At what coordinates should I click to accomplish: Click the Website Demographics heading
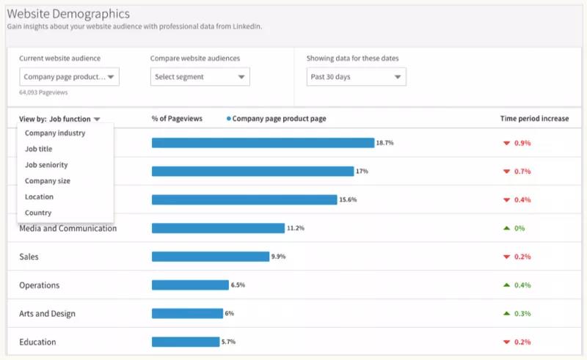tap(69, 14)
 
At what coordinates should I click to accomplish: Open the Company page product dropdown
tap(69, 76)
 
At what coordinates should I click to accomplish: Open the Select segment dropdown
tap(200, 76)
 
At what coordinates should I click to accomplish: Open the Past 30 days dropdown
tap(356, 76)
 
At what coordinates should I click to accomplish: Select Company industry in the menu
tap(55, 133)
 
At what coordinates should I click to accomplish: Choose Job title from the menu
tap(39, 149)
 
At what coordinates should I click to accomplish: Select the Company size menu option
tap(48, 181)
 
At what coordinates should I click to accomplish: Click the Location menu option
tap(40, 196)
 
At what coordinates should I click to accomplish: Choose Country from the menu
tap(38, 213)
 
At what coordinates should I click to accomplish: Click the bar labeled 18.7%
tap(263, 143)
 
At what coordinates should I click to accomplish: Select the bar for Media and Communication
tap(218, 228)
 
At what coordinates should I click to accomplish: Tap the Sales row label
tap(29, 257)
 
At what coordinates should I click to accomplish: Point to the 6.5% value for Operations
tap(238, 285)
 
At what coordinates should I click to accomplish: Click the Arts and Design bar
tap(187, 314)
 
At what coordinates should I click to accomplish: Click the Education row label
tap(37, 342)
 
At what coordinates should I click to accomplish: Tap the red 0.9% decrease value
tap(521, 143)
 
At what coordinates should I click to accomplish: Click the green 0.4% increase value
tap(521, 285)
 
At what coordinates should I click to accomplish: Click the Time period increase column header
tap(534, 118)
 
